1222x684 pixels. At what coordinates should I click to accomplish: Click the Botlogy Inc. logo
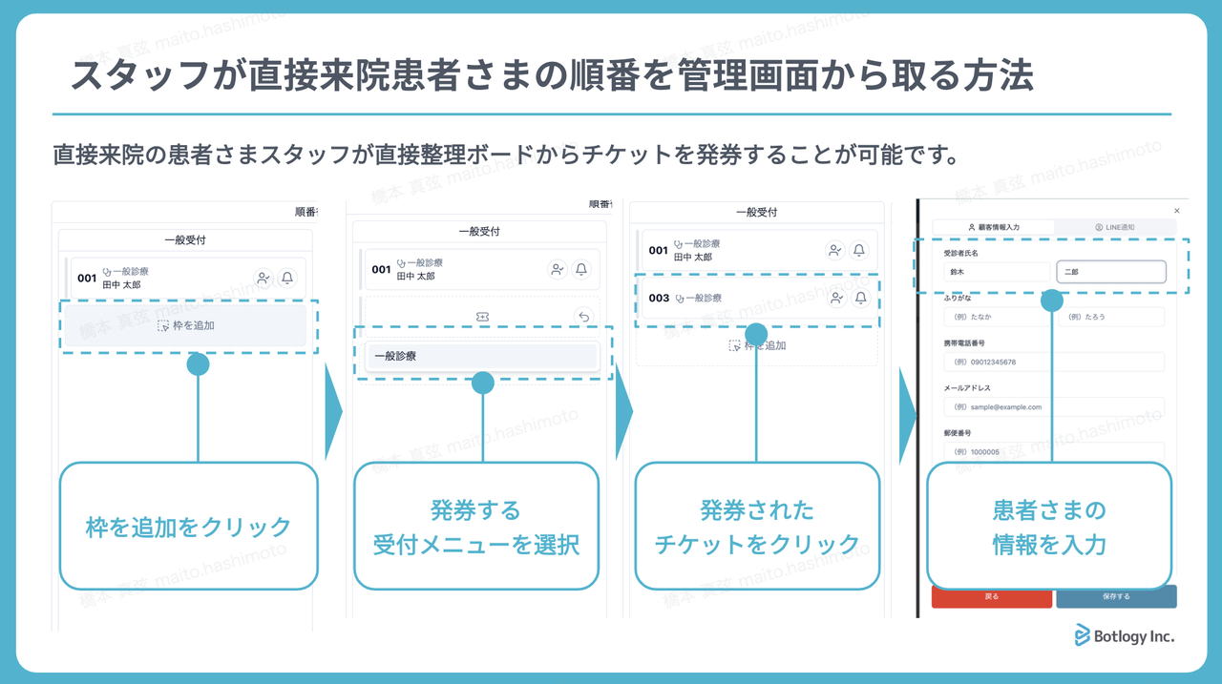click(1125, 635)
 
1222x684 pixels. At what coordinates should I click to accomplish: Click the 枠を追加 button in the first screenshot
click(186, 325)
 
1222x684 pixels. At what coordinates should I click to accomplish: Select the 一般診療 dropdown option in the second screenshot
click(482, 356)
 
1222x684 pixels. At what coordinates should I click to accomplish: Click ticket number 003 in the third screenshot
click(659, 299)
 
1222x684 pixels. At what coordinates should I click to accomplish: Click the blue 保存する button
click(1115, 596)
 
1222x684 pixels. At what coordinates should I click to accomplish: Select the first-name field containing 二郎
click(1110, 272)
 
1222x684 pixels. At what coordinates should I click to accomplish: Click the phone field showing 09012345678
click(1052, 363)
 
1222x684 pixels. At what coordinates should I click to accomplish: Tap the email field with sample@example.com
click(1052, 406)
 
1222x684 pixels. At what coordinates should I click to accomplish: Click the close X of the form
click(1176, 211)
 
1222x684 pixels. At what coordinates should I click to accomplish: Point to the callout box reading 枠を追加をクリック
click(188, 527)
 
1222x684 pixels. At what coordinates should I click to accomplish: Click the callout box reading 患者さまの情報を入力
click(1048, 527)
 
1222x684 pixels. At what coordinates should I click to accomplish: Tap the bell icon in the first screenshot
click(287, 278)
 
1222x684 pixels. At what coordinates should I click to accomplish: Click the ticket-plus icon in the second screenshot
click(482, 317)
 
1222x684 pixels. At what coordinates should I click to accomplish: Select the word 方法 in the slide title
click(997, 75)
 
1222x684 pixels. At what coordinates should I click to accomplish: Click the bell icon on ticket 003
click(860, 299)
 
